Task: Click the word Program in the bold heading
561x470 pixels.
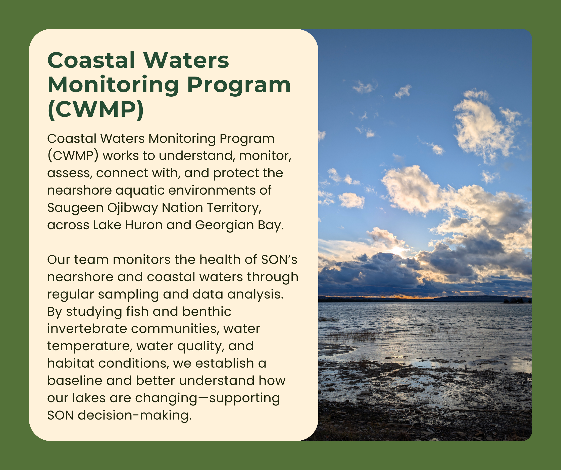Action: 239,85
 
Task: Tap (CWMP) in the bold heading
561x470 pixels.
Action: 96,110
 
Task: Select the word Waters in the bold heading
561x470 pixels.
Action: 186,60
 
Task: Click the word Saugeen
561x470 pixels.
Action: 75,208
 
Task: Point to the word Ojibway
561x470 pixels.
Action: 132,208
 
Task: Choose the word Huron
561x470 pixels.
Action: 144,225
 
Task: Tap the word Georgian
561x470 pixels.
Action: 224,225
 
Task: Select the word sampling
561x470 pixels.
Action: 128,295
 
